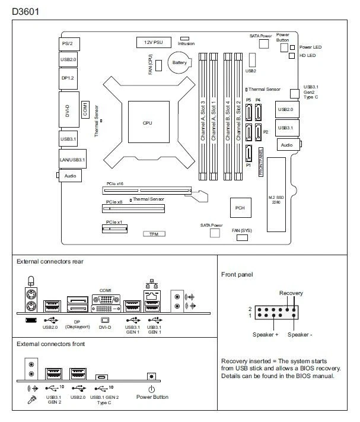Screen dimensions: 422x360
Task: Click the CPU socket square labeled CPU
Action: (148, 123)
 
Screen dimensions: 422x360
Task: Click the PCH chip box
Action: (240, 208)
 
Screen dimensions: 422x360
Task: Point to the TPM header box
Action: (153, 234)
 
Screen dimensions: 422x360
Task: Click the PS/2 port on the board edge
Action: (69, 44)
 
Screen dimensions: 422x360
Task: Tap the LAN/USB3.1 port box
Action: (73, 160)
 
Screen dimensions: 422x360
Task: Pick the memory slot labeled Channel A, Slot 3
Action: (203, 116)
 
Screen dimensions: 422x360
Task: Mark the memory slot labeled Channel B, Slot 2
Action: (238, 116)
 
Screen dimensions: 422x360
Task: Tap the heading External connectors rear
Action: (50, 261)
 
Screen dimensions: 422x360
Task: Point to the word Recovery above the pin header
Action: (291, 293)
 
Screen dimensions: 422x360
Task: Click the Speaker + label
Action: (266, 335)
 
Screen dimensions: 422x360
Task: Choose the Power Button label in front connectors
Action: (152, 397)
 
